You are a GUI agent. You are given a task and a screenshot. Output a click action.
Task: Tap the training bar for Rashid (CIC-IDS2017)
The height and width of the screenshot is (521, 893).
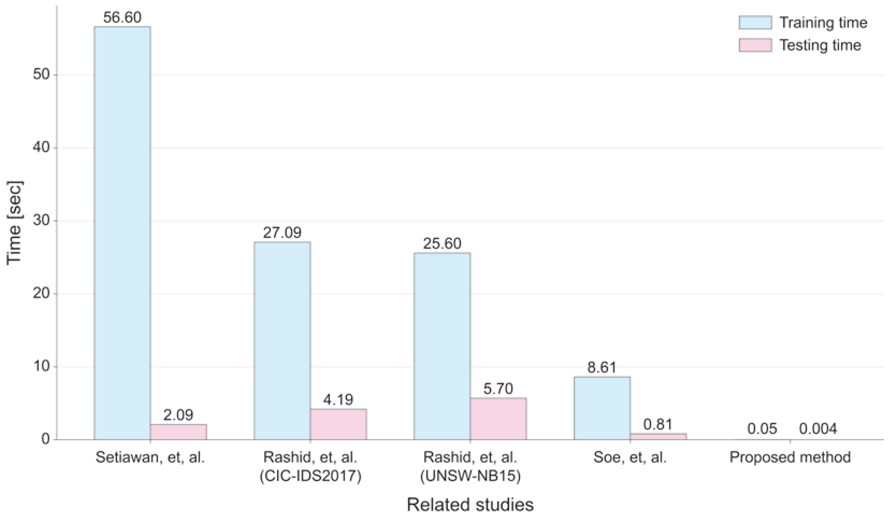click(x=282, y=341)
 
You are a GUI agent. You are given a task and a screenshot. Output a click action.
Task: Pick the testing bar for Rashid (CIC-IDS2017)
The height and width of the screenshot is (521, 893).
click(x=338, y=424)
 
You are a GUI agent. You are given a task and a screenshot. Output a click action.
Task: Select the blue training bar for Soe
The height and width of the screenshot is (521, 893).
click(x=602, y=408)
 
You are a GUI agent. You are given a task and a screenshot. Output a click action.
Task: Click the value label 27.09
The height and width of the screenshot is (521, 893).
click(x=282, y=233)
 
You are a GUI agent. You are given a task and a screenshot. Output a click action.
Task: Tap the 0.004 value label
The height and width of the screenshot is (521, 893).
click(x=818, y=429)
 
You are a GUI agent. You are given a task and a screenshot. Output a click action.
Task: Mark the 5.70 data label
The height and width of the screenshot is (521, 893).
click(x=498, y=389)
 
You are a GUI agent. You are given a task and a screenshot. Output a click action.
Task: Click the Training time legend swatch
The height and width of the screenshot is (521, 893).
click(x=755, y=23)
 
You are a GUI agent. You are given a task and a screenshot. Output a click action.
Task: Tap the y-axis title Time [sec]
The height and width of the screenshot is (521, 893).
click(x=15, y=223)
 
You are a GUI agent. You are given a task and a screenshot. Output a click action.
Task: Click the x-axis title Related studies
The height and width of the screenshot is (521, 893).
click(x=470, y=505)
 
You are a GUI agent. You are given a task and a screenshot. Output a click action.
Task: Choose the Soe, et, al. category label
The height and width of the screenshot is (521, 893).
click(x=630, y=458)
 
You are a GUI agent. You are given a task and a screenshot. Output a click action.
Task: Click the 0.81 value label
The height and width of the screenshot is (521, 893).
click(x=658, y=424)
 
